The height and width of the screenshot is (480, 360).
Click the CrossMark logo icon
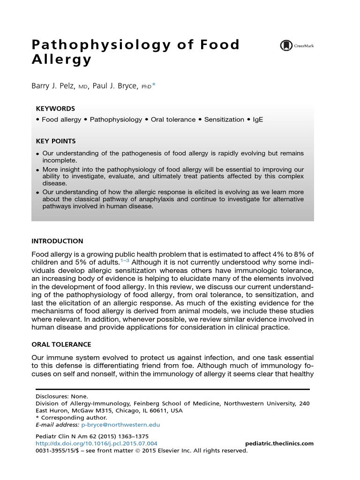(285, 45)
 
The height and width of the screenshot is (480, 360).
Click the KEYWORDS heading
(55, 108)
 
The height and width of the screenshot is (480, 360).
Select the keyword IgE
(258, 120)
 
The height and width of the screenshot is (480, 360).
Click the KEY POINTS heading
(56, 141)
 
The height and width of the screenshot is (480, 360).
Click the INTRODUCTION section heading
(57, 241)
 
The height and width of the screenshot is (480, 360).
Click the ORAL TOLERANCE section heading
(61, 344)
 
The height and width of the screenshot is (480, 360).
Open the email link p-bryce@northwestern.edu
(120, 425)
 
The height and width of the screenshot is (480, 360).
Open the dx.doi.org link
(97, 443)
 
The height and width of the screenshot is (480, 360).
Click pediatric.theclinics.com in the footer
(279, 443)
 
